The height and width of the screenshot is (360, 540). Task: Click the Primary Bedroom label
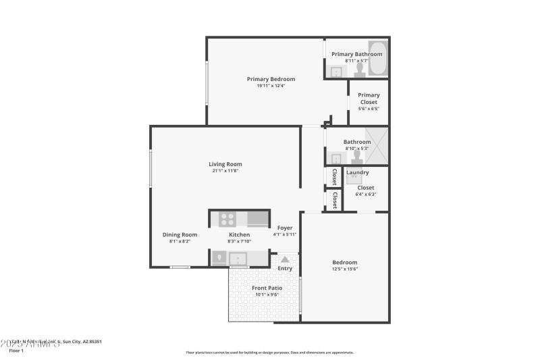click(x=270, y=79)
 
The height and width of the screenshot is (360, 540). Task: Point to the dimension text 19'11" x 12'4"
click(x=270, y=86)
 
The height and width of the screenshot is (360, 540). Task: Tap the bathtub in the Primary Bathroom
click(x=377, y=67)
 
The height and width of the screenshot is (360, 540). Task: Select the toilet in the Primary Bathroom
click(x=359, y=71)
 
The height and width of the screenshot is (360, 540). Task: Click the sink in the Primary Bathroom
click(x=335, y=72)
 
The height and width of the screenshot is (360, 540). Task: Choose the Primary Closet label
click(x=369, y=99)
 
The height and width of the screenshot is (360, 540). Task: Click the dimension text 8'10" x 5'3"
click(x=356, y=149)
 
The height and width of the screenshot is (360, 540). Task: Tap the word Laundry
click(x=357, y=172)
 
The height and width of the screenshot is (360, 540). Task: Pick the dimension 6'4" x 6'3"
click(x=365, y=195)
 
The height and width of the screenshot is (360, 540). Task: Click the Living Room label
click(x=225, y=164)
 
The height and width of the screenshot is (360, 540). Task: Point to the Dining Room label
click(x=180, y=234)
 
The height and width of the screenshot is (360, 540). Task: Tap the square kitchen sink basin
click(x=237, y=258)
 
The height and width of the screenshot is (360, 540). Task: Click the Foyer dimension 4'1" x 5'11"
click(x=285, y=234)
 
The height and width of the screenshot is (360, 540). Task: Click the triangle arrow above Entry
click(x=285, y=259)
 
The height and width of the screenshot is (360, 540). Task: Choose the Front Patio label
click(x=267, y=288)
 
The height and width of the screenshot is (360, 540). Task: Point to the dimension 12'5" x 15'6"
click(x=344, y=269)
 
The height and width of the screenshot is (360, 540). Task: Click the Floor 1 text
click(x=16, y=351)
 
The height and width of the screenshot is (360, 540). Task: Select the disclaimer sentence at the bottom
click(x=269, y=353)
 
